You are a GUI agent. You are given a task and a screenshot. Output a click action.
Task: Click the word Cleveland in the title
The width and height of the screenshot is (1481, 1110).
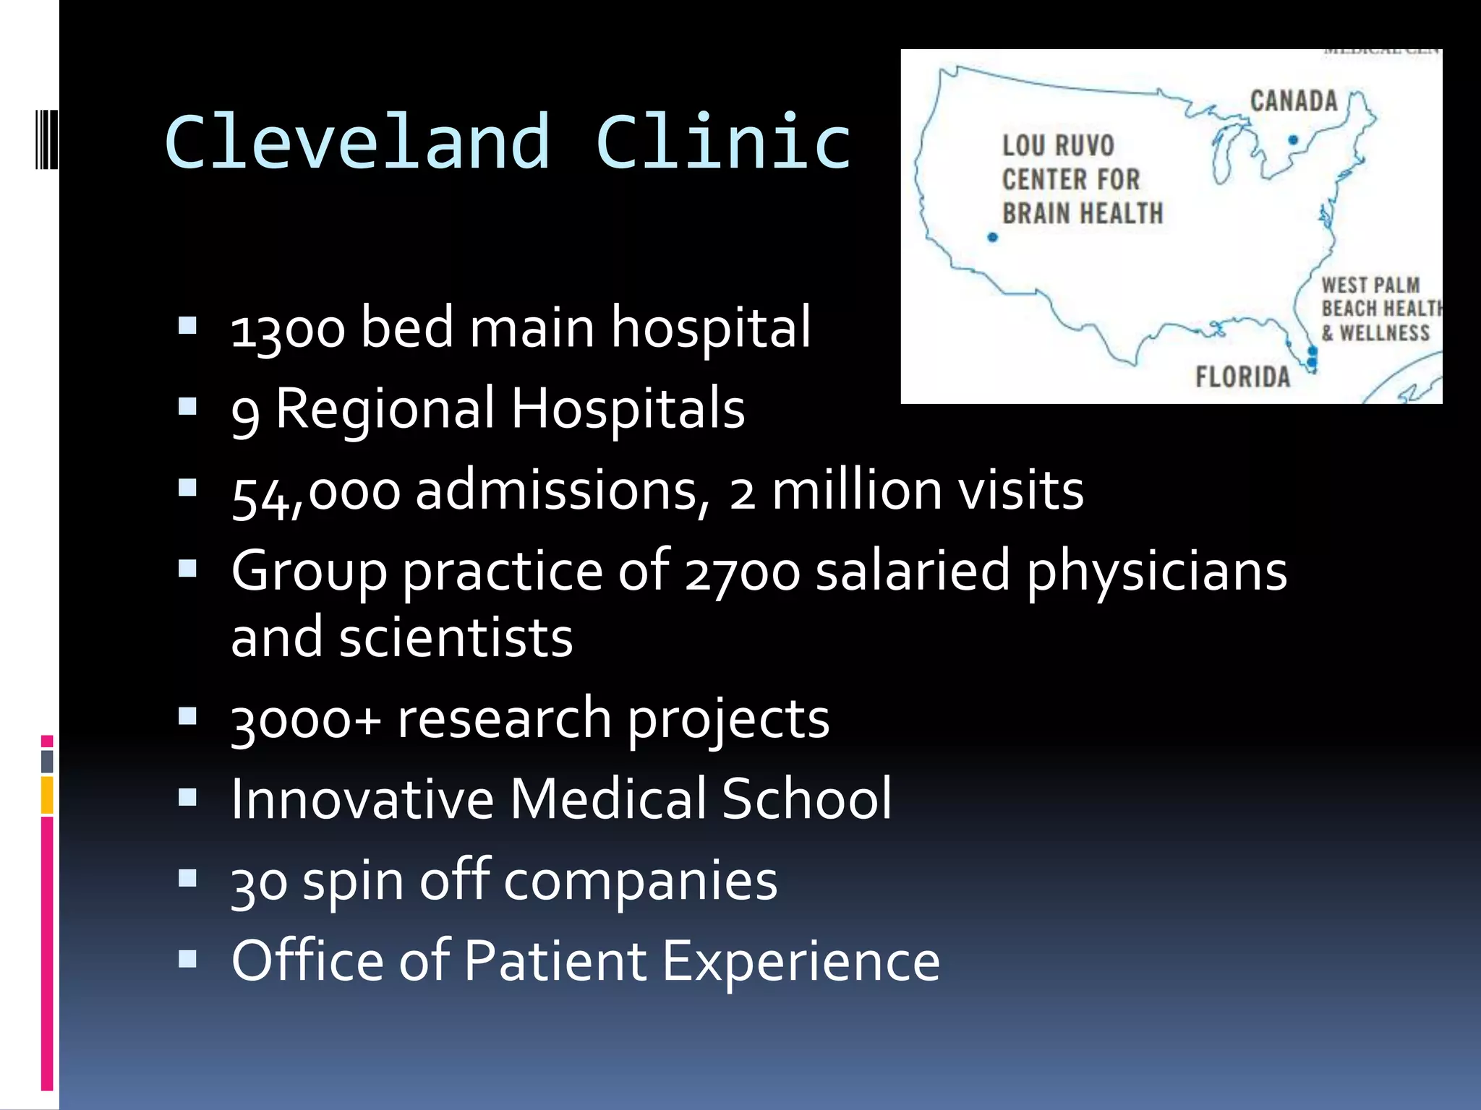[358, 142]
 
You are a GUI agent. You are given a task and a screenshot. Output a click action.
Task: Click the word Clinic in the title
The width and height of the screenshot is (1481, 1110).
[724, 142]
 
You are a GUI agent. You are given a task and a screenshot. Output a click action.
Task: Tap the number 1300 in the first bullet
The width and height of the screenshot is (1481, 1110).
[288, 330]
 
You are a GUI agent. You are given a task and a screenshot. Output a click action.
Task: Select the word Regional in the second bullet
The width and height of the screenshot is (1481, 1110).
[385, 409]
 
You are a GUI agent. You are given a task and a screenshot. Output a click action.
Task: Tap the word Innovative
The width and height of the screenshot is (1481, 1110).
[362, 800]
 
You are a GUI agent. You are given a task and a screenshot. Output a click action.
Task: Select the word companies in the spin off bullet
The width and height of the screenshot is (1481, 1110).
[640, 882]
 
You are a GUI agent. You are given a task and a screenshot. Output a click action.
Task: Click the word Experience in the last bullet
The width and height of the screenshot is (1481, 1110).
[801, 962]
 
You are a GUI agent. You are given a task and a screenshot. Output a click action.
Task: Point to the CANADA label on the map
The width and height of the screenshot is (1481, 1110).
[1294, 101]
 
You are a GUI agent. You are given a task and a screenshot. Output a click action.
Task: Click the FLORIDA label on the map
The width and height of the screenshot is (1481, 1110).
[1242, 377]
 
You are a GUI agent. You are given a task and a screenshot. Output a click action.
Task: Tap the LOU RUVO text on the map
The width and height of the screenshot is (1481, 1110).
[1058, 146]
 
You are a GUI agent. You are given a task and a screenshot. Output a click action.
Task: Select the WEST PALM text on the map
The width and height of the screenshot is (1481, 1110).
[1370, 285]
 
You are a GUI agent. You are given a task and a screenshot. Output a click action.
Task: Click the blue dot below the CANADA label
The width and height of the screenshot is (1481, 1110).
[1293, 140]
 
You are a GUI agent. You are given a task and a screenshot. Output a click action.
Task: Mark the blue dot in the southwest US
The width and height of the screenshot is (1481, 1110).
[992, 237]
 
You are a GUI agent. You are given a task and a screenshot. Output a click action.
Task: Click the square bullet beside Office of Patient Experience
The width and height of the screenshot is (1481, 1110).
[187, 959]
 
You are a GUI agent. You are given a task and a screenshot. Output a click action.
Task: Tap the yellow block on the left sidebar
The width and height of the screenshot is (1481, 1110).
[47, 794]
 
